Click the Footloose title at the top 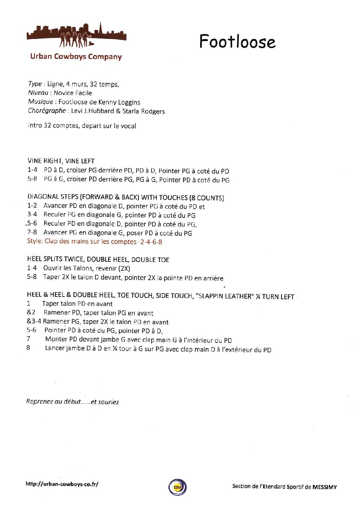pos(237,42)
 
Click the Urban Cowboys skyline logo pos(76,36)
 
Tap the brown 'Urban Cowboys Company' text pos(76,57)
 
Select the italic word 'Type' pos(35,84)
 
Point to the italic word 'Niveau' pos(38,93)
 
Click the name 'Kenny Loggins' pos(119,102)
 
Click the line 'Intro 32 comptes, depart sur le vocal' pos(82,126)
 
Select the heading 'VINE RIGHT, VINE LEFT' pos(61,161)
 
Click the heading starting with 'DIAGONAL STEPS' pos(126,197)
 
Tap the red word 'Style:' pos(35,241)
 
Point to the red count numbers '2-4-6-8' pos(151,242)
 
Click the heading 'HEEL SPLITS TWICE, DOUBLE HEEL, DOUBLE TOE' pos(98,260)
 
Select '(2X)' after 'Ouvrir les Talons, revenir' pos(124,268)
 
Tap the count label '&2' pos(31,312)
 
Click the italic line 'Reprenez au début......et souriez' pos(73,402)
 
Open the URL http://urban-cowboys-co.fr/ pos(62,484)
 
